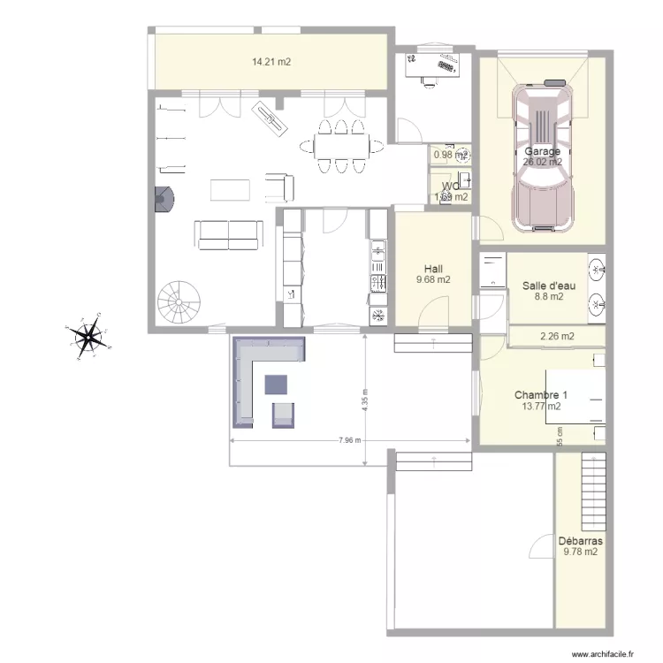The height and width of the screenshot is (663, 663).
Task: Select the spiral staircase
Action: tap(180, 302)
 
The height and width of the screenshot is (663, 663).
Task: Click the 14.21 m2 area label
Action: tap(271, 62)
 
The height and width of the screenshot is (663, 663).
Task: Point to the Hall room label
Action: tap(433, 269)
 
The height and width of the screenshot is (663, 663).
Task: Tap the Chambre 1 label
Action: tap(541, 395)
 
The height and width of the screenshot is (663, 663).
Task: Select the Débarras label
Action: tap(580, 540)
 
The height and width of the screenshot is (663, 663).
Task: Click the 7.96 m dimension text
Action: tap(350, 440)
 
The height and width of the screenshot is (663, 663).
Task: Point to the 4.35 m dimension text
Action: tap(363, 401)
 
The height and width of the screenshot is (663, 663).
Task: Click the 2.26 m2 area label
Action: tap(557, 336)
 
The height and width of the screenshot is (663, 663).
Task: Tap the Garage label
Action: tap(542, 151)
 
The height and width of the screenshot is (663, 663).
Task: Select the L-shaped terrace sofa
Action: tap(256, 367)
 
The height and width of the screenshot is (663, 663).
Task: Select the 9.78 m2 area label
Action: tap(580, 552)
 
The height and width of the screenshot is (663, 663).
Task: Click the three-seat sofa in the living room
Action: tap(229, 232)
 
